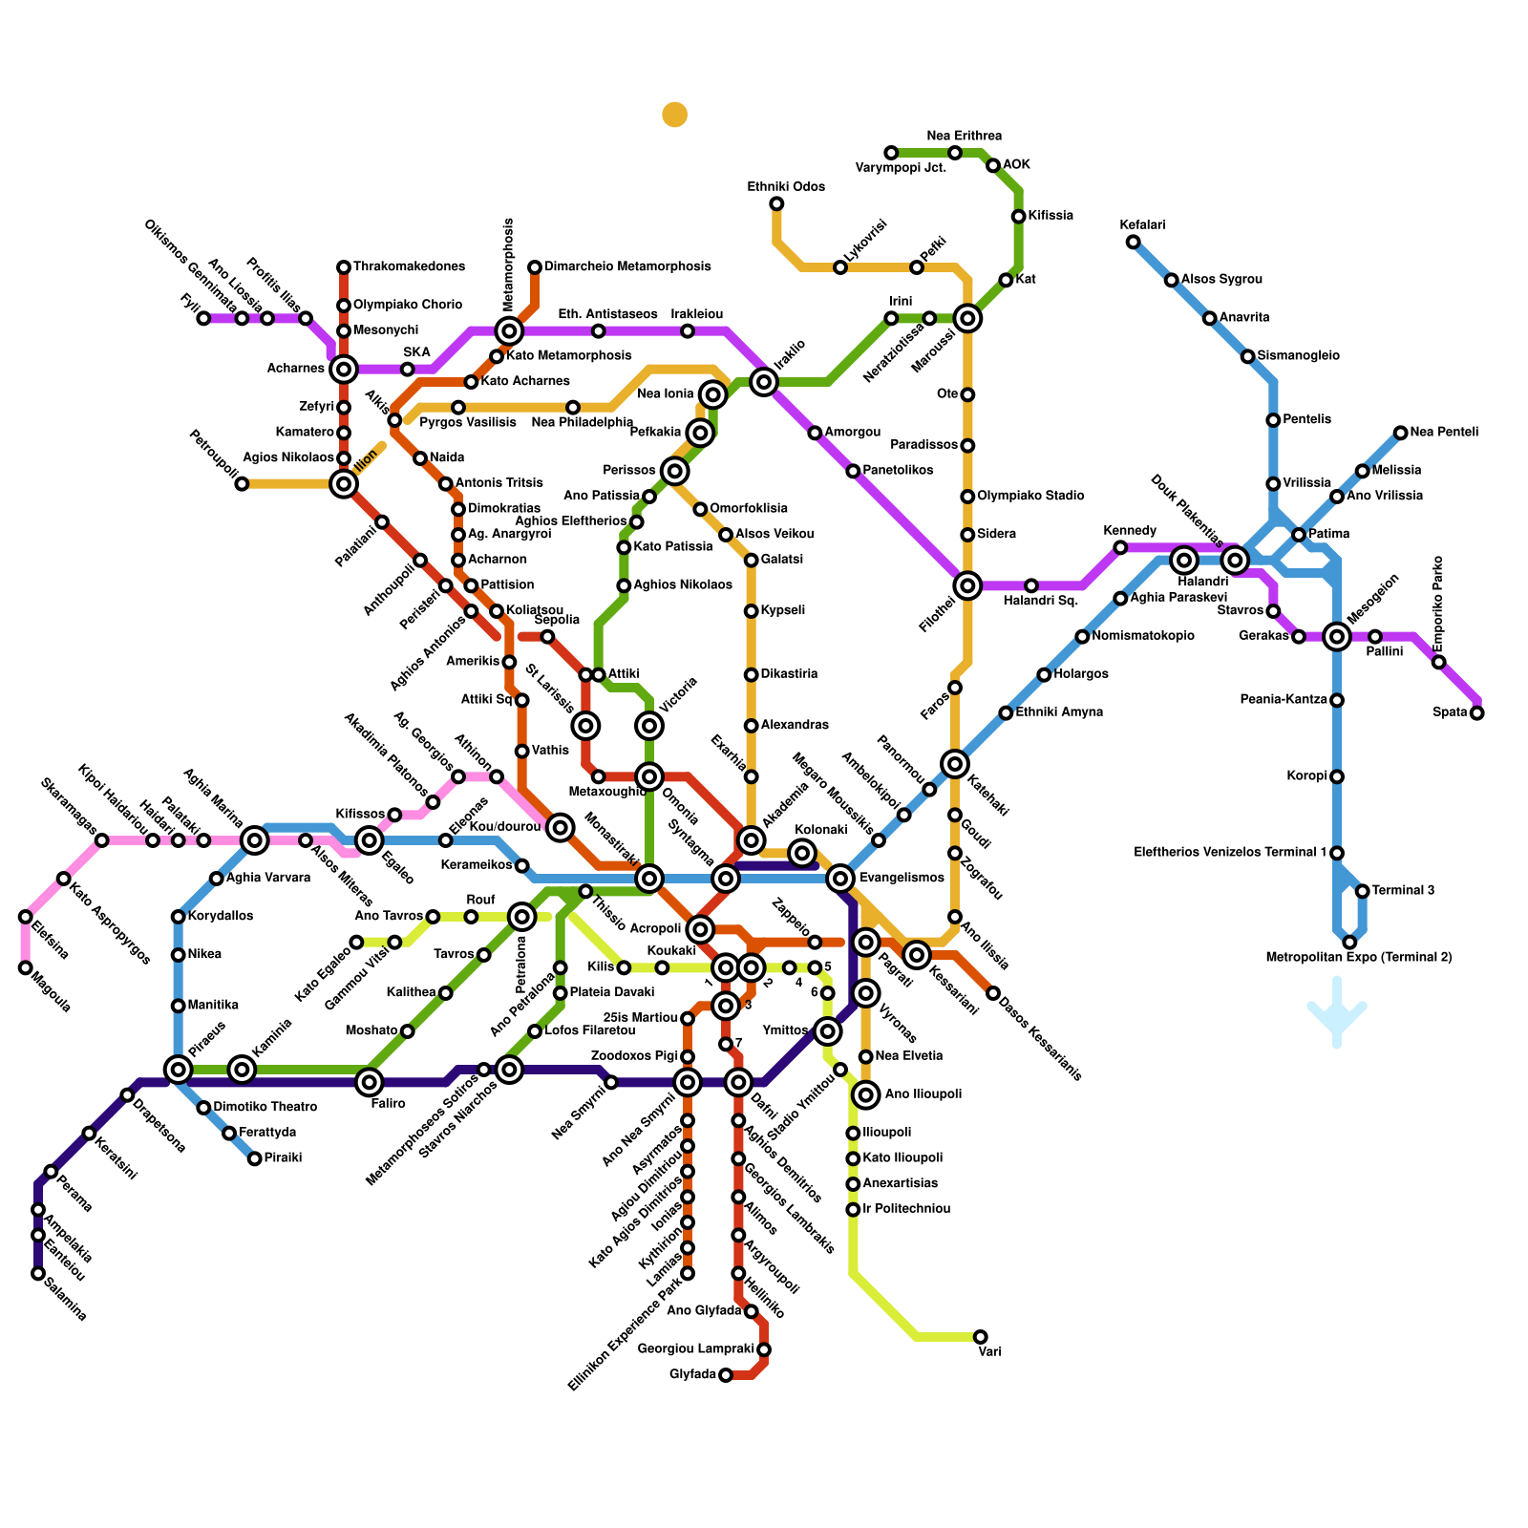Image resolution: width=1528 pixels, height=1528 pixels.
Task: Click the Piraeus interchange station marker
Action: (x=179, y=1070)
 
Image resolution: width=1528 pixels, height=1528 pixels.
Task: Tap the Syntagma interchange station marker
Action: (x=726, y=879)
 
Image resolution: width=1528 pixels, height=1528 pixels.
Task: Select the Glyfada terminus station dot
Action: (x=726, y=1375)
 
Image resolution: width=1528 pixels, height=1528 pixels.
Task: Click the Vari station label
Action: (x=989, y=1351)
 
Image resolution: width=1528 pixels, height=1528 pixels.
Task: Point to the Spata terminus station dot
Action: (x=1477, y=712)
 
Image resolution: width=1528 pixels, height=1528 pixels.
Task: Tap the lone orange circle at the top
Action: (x=675, y=115)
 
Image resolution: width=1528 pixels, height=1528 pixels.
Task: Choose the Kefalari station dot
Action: (x=1133, y=242)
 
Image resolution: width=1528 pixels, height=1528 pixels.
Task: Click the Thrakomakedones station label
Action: (x=409, y=266)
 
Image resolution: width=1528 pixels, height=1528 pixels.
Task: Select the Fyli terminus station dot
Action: (x=203, y=318)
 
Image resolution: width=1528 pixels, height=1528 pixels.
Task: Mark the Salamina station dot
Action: (x=38, y=1273)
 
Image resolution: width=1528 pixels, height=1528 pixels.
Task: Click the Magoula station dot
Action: (x=26, y=967)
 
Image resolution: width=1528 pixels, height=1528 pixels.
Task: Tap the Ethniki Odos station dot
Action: (x=776, y=203)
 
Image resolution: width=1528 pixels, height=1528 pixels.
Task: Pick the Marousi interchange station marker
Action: (x=967, y=318)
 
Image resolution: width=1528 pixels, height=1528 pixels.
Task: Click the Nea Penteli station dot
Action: (x=1400, y=433)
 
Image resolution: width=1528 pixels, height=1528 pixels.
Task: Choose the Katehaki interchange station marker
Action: (x=955, y=763)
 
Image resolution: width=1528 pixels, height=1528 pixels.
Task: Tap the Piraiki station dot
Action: (x=255, y=1158)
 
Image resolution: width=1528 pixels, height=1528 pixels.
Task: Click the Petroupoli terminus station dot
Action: (x=242, y=484)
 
